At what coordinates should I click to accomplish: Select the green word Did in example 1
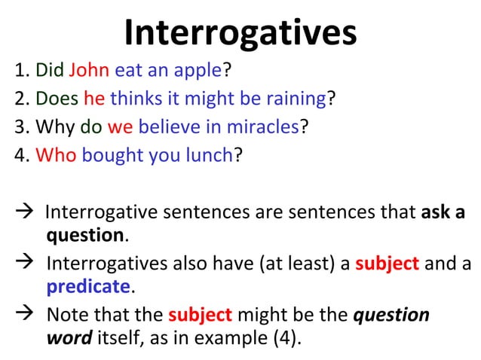pos(50,72)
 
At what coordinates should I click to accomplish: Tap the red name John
pos(89,72)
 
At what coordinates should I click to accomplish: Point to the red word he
pos(94,99)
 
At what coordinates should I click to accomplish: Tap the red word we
pos(121,127)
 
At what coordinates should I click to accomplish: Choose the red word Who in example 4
pos(56,154)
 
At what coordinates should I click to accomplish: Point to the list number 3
pos(20,127)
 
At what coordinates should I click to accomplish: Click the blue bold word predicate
pos(88,287)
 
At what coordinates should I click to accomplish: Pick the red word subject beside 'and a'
pos(387,263)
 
